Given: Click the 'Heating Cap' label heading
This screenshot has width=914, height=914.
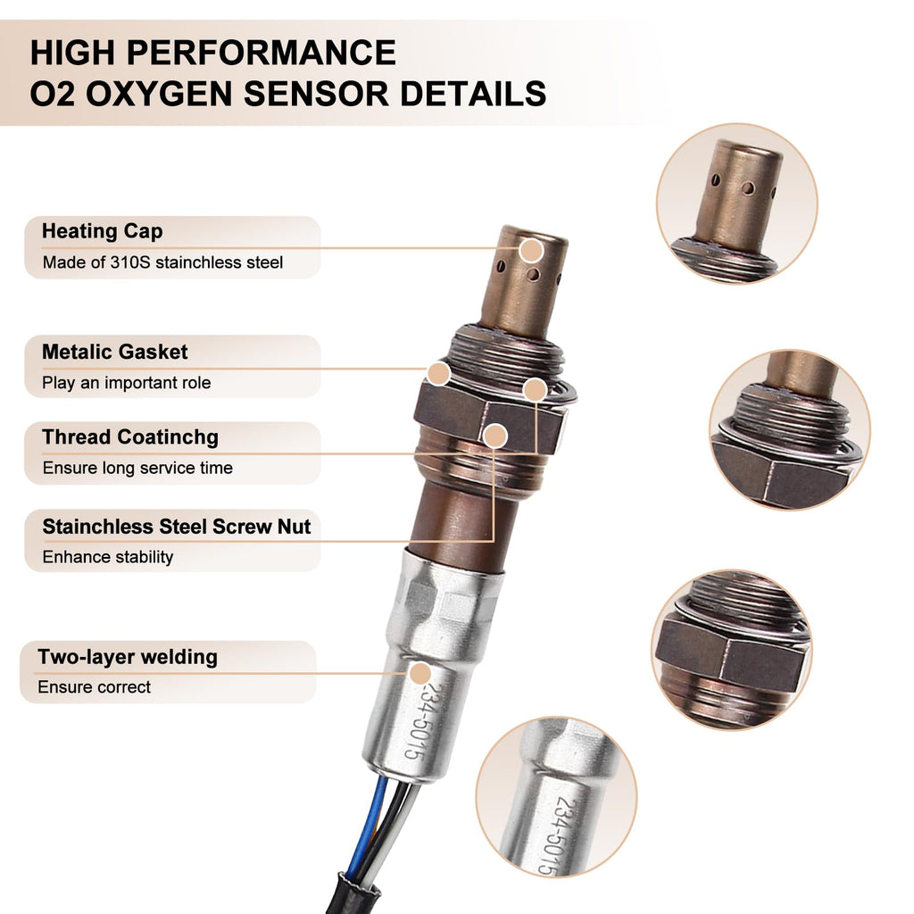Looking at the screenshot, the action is [x=102, y=231].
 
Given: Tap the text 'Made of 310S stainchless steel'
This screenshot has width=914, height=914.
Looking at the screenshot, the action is [x=162, y=262].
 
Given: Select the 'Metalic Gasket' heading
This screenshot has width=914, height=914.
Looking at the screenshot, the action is [x=115, y=352].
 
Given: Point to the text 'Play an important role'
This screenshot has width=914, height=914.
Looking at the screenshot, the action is [x=127, y=383].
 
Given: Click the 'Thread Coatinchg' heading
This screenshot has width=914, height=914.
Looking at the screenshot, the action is [x=130, y=437].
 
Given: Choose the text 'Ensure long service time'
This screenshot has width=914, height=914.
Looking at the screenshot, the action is [x=137, y=468].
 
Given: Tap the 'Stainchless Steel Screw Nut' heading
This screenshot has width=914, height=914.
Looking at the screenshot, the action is [x=177, y=527].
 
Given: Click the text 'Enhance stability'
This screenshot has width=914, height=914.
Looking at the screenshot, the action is [x=108, y=557].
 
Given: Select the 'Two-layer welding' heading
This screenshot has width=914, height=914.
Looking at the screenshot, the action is [x=128, y=657].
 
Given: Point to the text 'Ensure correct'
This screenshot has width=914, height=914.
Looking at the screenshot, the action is [x=95, y=687].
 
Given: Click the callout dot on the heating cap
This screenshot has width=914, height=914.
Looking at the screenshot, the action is [x=532, y=251].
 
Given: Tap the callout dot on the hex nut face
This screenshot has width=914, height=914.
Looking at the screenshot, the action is [x=494, y=436].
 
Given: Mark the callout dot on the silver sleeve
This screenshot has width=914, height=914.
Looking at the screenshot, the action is [x=420, y=674].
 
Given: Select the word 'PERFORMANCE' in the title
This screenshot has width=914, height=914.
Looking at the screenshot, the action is [x=262, y=53].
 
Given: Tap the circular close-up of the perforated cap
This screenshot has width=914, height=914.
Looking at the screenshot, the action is [x=736, y=204].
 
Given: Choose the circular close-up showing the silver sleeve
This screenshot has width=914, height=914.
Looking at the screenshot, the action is [x=556, y=797].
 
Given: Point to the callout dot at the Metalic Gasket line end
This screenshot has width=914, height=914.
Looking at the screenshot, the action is [x=438, y=374].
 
